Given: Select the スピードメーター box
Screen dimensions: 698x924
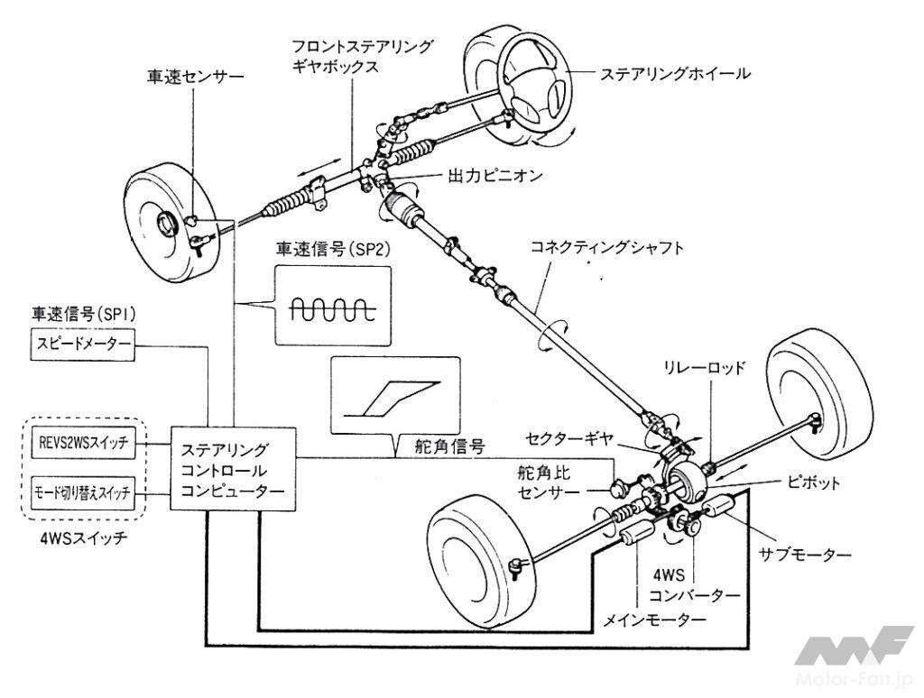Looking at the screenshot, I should pos(81,345).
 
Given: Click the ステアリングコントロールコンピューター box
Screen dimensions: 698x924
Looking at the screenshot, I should pos(233,470).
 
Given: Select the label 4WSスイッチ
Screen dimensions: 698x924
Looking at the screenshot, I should pos(82,543).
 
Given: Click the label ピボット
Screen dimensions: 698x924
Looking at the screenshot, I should pos(810,483).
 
